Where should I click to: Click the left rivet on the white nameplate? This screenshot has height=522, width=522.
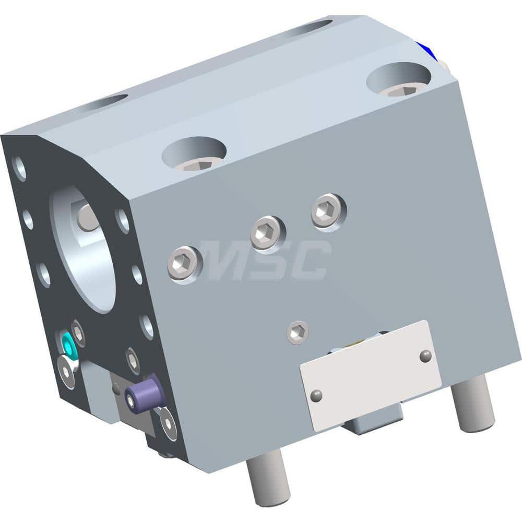316,396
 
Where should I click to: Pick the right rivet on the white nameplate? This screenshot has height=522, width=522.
425,355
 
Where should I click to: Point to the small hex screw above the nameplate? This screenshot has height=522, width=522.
298,331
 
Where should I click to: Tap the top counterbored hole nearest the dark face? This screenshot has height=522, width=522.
194,152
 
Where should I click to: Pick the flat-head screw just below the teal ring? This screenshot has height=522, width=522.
66,371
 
